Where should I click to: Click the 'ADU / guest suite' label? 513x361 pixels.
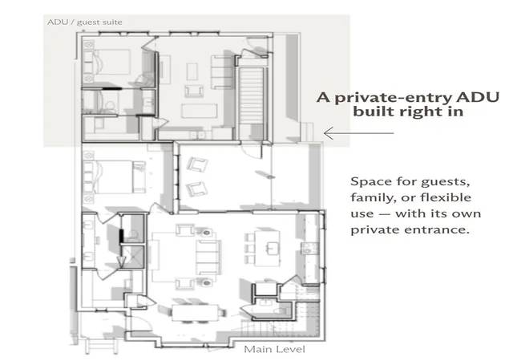[85, 22]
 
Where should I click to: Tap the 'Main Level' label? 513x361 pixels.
[274, 349]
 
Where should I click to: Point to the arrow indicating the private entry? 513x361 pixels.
[358, 133]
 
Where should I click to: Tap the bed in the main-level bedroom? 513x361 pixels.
[115, 177]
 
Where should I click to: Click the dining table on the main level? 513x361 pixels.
[196, 313]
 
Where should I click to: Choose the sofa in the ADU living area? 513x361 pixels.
[222, 72]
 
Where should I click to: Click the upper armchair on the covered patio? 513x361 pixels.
[197, 164]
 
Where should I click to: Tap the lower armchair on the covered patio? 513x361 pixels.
[196, 189]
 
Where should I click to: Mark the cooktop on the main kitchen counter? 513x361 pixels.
[310, 249]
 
